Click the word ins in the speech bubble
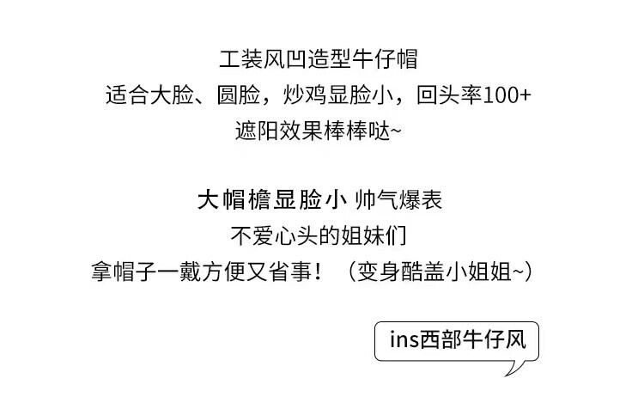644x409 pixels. click(x=404, y=339)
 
